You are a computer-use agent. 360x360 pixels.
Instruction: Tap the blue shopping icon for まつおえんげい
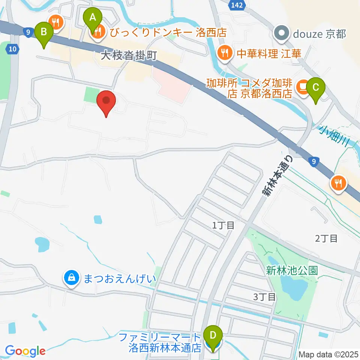[71, 278]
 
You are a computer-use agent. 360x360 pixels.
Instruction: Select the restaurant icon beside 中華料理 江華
[224, 52]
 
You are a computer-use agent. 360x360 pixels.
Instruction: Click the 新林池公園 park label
[292, 270]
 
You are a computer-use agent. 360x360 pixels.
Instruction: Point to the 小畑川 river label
[335, 136]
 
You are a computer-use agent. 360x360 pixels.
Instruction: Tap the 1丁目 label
[223, 225]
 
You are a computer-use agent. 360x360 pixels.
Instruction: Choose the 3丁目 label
[264, 297]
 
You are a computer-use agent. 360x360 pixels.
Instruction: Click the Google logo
[25, 351]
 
